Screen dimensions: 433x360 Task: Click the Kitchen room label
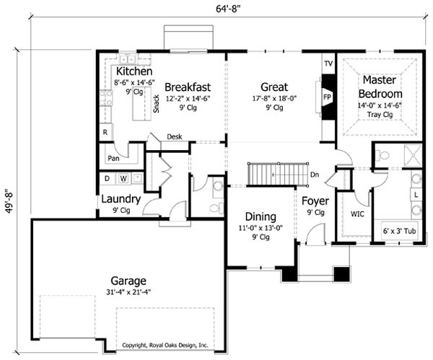tap(134, 71)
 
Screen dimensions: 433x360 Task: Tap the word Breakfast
tap(188, 87)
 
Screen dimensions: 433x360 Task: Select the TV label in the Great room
tap(328, 63)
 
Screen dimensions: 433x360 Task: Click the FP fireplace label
tap(327, 97)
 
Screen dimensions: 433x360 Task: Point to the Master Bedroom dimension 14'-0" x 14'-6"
tap(380, 105)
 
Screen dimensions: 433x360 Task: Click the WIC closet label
tap(357, 214)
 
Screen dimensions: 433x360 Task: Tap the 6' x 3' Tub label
tap(399, 231)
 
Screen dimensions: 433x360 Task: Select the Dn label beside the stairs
tap(315, 175)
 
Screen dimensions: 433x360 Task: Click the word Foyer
tap(315, 201)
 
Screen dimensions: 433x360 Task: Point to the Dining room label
tap(261, 216)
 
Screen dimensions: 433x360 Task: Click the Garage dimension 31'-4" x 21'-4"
tap(128, 292)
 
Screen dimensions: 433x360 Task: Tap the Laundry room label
tap(121, 199)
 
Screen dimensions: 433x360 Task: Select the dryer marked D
tap(107, 179)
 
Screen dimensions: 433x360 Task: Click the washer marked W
tap(123, 179)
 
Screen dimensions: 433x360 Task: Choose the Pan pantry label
tap(113, 158)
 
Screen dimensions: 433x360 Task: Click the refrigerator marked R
tap(105, 132)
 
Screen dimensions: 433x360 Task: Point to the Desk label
tap(175, 136)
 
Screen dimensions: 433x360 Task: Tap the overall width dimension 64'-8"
tap(228, 9)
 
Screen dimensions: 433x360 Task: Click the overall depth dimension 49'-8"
tap(9, 201)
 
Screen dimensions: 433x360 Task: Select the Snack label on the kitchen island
tap(157, 104)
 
